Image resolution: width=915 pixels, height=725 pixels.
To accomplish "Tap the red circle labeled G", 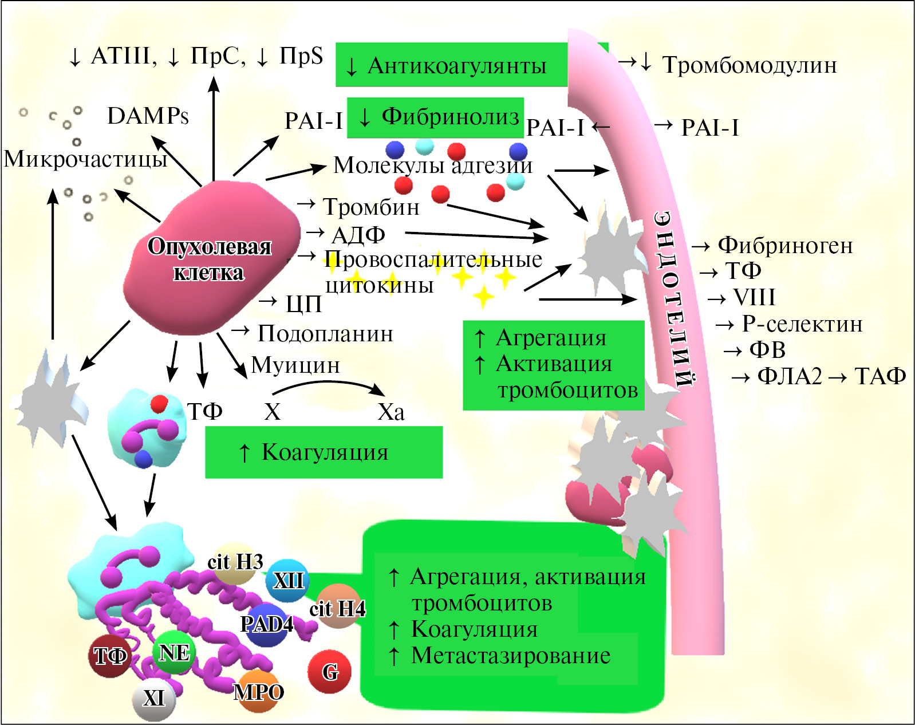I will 330,671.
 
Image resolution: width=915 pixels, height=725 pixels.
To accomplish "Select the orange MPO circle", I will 258,692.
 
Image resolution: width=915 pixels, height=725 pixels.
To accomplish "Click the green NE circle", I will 174,652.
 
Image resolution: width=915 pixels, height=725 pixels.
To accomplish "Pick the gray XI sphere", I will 153,699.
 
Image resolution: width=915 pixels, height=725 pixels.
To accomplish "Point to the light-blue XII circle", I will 288,580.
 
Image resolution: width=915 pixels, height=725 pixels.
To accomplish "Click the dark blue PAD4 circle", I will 266,624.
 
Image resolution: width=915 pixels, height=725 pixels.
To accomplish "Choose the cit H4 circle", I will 338,607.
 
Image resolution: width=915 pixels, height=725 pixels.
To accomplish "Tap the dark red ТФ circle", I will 110,656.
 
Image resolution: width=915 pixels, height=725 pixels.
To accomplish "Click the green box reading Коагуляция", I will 324,452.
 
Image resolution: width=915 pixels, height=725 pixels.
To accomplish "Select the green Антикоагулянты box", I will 452,65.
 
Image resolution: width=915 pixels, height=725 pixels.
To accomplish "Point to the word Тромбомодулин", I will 749,65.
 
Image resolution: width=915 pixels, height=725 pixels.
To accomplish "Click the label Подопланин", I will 325,333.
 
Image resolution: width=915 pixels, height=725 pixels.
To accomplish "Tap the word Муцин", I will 295,365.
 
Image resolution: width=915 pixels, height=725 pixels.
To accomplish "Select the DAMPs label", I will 148,116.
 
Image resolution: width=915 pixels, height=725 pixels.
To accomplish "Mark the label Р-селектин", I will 802,324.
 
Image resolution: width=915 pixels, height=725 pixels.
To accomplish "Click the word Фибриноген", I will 785,245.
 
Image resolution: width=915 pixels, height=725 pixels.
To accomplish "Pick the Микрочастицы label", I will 85,159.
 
